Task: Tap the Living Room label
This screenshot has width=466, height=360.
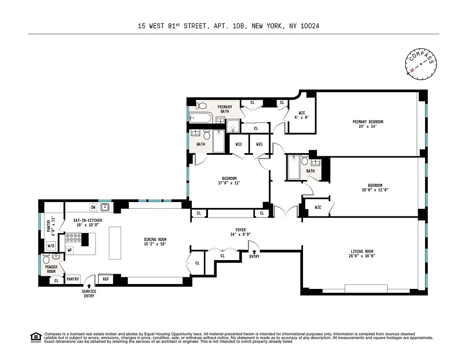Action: tap(362, 254)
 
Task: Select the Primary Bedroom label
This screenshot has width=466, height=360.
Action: tap(368, 124)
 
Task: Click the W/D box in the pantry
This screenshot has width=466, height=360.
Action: tap(51, 246)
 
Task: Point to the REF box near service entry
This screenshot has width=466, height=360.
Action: tap(105, 279)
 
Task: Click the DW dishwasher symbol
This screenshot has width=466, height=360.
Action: tap(93, 207)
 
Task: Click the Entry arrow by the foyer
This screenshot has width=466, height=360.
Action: tap(254, 252)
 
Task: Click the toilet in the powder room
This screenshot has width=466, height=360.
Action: tap(46, 259)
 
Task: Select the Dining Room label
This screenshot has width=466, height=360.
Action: tap(155, 242)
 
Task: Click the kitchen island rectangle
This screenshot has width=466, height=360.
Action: tap(115, 243)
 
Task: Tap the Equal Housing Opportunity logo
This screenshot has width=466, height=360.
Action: tap(35, 337)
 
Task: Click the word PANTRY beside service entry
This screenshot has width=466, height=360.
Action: tap(73, 279)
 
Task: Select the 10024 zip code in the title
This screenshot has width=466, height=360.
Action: tap(309, 27)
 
